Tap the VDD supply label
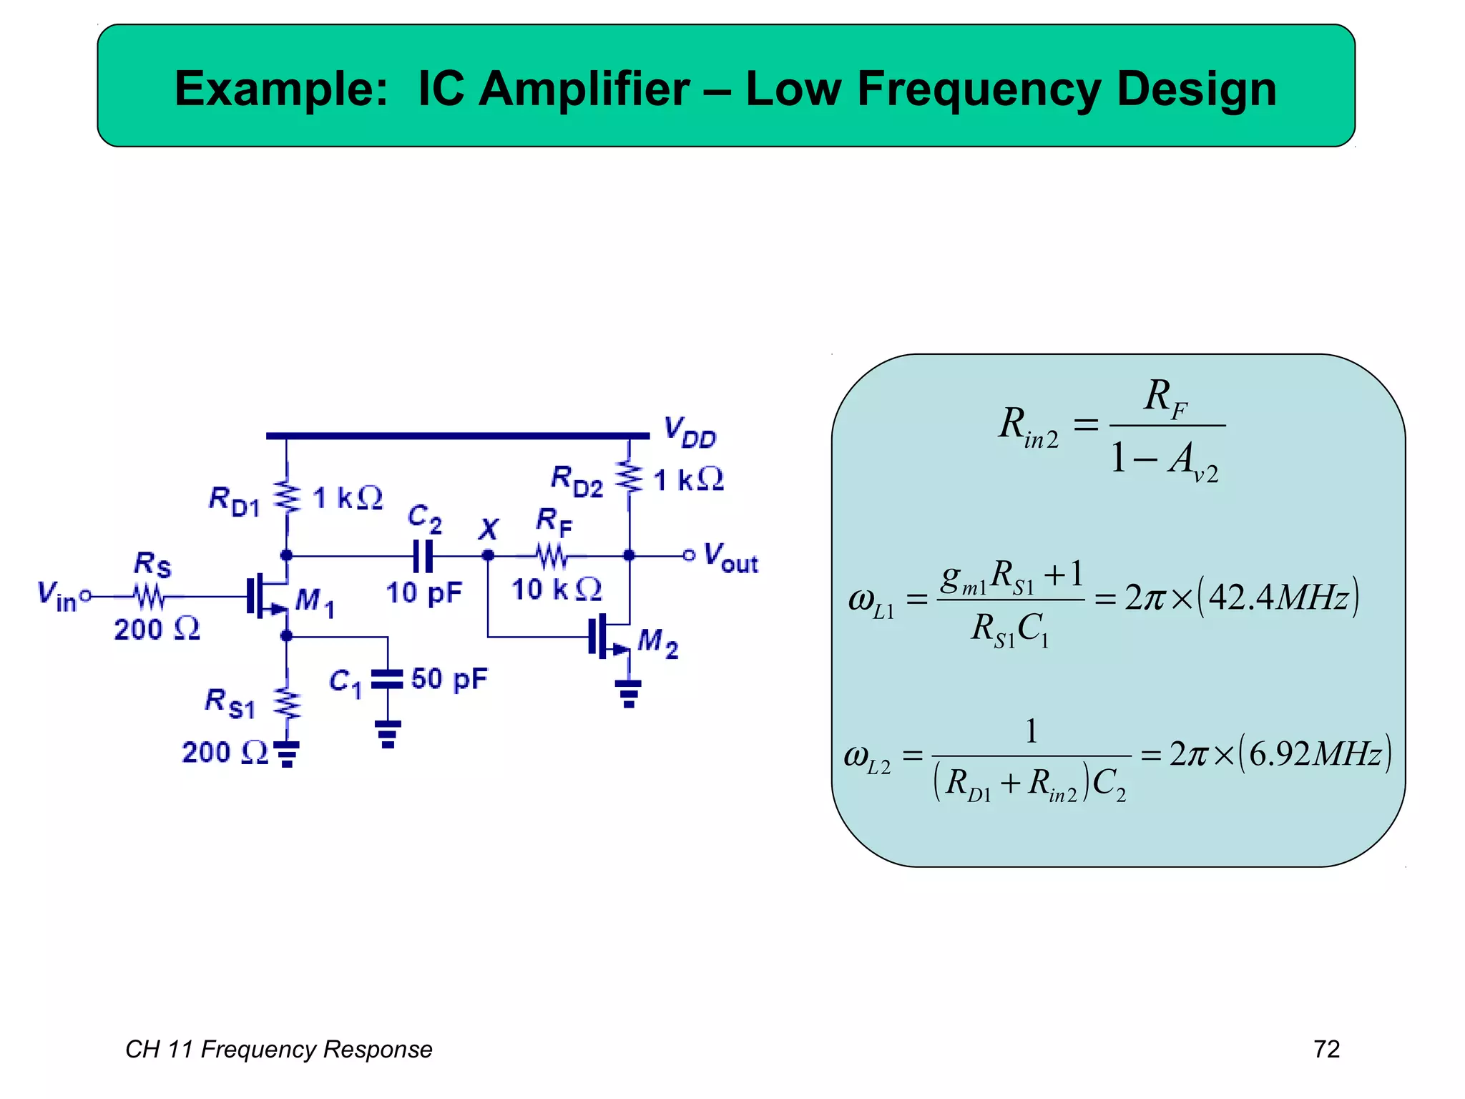tap(690, 432)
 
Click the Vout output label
tap(730, 557)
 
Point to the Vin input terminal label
tap(57, 596)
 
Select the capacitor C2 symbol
tap(423, 556)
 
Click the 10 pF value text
tap(423, 593)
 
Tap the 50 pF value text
tap(449, 679)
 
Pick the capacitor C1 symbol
tap(388, 679)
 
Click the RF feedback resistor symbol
tap(552, 556)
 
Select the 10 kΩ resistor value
tap(557, 590)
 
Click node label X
tap(489, 530)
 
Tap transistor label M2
tap(657, 642)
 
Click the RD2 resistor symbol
tap(629, 478)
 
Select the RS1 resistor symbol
tap(287, 703)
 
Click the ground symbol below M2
tap(629, 693)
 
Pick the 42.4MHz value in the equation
tap(1278, 597)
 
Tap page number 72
tap(1326, 1049)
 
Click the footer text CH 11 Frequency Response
tap(279, 1049)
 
